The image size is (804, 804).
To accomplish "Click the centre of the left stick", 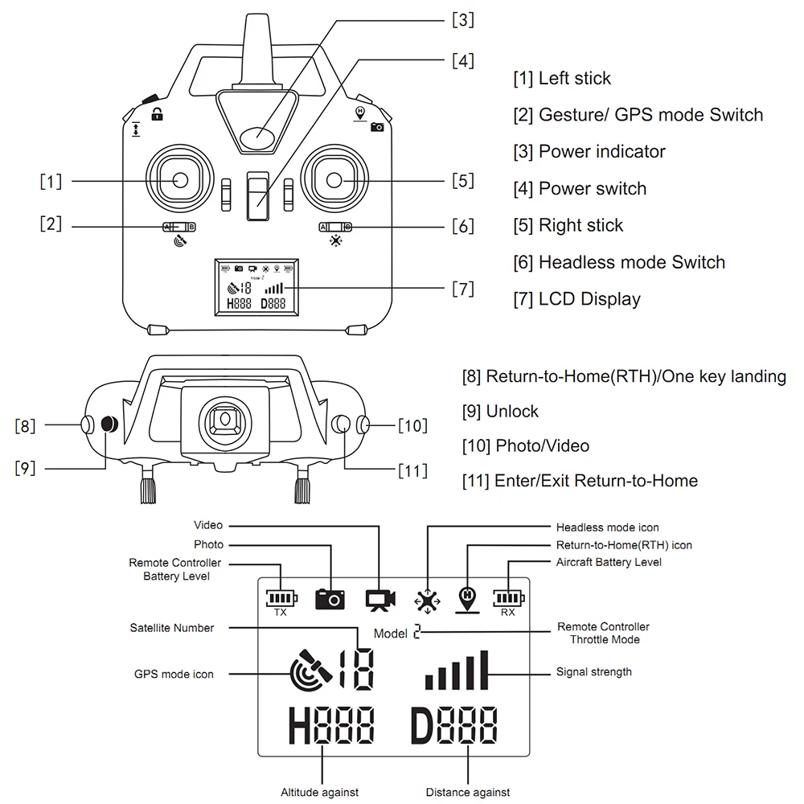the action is [180, 180].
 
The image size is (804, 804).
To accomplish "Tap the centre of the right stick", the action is [334, 180].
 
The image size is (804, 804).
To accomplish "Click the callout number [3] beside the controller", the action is [462, 20].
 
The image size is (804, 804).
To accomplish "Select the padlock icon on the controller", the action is [158, 114].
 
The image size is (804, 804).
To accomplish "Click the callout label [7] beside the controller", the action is [462, 289].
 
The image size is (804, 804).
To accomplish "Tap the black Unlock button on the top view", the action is [109, 424].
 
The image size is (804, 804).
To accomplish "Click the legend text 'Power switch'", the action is [593, 189].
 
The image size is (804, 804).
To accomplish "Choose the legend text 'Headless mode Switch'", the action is [632, 262].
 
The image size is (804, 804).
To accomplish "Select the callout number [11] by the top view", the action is [412, 470].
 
